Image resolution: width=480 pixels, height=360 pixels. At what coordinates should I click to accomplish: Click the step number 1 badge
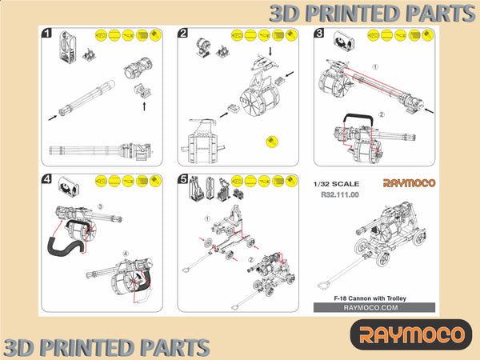pos(46,33)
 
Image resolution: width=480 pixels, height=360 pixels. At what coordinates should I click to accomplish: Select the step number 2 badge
pos(182,33)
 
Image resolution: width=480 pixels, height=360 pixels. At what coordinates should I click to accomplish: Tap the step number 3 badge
pos(319,33)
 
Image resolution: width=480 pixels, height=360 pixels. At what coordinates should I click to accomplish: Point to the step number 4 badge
pos(46,178)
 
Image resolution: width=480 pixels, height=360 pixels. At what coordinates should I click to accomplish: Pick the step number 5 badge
pos(182,178)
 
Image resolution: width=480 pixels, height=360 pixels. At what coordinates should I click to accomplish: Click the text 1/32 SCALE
pos(336,184)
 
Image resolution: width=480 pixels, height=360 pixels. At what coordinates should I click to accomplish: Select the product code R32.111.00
pos(340,194)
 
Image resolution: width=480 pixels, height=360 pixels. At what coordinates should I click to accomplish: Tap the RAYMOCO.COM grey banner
pos(374,308)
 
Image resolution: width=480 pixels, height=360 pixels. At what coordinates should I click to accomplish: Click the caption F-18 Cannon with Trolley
pos(370,298)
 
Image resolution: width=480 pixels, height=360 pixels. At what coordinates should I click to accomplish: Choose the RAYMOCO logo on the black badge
pos(411,334)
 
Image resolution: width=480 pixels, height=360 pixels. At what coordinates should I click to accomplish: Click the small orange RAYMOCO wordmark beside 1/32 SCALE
pos(409,183)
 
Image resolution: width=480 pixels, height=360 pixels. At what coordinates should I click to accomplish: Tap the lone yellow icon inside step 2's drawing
pos(272,142)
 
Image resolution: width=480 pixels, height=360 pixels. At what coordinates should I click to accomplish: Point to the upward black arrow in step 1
pos(144,106)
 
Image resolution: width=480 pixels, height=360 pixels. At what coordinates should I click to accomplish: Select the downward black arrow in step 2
pos(270,51)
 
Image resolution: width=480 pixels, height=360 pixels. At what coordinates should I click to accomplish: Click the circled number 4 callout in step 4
pos(126,254)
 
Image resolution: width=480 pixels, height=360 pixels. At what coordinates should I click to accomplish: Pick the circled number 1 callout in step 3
pos(375,66)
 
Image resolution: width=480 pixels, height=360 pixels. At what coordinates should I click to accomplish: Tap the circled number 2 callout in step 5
pos(251,260)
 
